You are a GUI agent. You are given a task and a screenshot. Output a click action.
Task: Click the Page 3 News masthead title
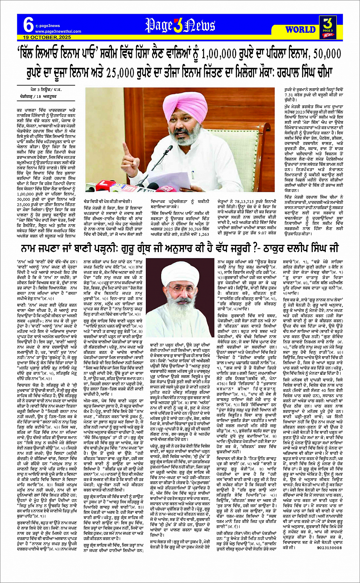[180, 26]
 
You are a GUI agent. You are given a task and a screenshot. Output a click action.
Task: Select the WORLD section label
[300, 29]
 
